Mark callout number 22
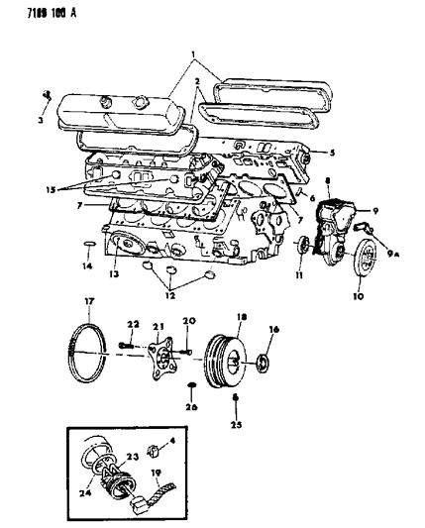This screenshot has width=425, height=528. tap(131, 322)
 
